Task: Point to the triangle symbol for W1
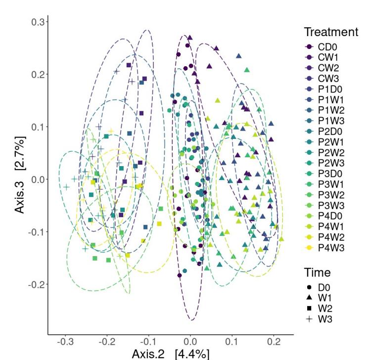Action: pos(310,298)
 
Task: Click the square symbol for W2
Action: pos(310,308)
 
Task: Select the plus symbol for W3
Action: pos(310,319)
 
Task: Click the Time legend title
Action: pos(317,272)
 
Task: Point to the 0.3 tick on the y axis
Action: pos(39,22)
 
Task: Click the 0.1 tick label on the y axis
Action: pos(39,127)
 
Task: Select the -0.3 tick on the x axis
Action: pos(65,342)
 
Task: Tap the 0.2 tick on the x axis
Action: pos(274,342)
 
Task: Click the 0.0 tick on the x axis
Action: pos(190,342)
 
